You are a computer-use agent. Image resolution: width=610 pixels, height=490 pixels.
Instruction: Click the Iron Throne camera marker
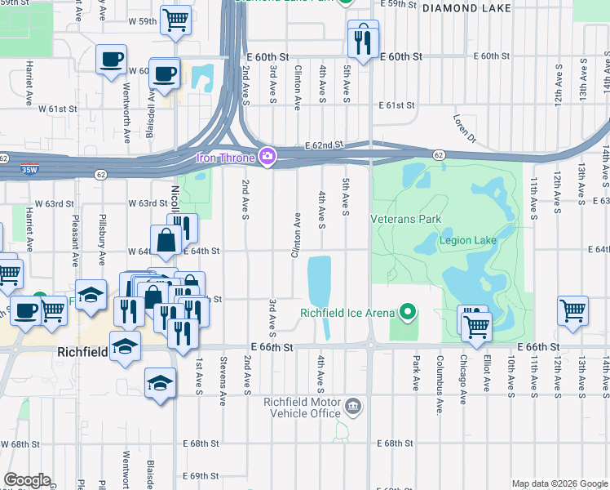267,156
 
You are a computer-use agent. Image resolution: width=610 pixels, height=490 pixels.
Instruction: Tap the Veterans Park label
405,219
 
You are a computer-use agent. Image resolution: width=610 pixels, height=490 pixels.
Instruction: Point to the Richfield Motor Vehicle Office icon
352,406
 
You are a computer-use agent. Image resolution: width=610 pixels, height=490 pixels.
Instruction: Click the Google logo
27,480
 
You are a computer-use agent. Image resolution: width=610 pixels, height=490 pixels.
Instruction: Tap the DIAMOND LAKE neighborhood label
466,8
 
